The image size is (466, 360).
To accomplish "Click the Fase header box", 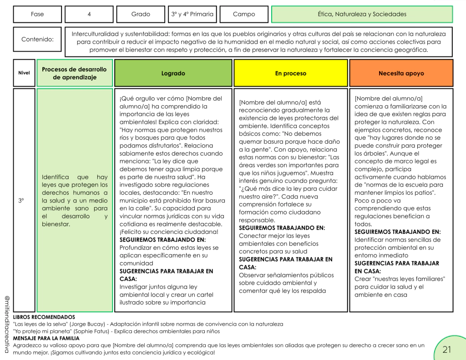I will pos(37,14).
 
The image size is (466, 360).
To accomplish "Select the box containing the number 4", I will pos(89,14).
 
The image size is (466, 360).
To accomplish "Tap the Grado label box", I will pos(141,14).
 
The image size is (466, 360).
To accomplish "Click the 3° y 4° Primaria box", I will pos(192,14).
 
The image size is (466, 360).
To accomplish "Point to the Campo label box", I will pos(244,14).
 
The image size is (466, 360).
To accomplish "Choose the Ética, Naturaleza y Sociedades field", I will pos(362,14).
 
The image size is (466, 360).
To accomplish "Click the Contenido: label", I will pos(37,39).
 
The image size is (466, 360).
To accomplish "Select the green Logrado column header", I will pos(173,73).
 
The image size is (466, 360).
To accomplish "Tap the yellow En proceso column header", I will pos(291,73).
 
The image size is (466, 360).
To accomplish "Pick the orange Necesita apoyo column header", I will pos(401,73).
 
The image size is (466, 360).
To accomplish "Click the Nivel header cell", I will pos(24,73).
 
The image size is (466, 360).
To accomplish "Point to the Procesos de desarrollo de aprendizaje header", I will pos(74,73).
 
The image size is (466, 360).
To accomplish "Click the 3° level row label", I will pos(21,200).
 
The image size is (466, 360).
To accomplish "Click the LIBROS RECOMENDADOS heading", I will pos(44,317).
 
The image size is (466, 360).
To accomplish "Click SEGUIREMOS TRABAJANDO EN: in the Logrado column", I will pos(162,239).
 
